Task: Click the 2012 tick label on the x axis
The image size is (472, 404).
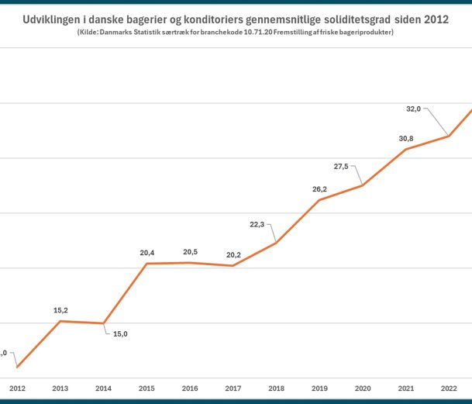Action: pos(17,387)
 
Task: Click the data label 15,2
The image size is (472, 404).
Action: pos(61,310)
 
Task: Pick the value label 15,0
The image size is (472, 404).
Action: pos(120,334)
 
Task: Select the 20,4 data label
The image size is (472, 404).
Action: pos(147,253)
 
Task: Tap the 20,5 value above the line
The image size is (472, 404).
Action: pos(191,252)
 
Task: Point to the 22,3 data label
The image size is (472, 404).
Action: pos(257,224)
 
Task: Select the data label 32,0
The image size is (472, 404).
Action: pos(413,109)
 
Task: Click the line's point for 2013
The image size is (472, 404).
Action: pos(61,321)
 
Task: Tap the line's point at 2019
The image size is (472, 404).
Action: pos(319,200)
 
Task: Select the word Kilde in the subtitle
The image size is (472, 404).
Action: pos(90,32)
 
